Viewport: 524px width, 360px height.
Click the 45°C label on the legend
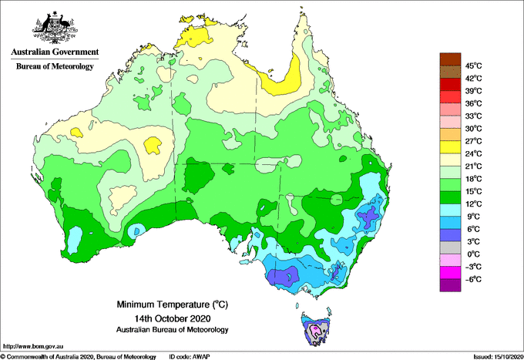point(474,66)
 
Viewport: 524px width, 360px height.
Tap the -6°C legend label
point(474,279)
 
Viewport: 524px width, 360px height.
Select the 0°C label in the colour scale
point(474,254)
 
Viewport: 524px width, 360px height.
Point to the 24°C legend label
point(474,153)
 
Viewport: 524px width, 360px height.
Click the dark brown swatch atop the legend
point(450,59)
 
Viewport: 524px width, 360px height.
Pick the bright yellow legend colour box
point(450,147)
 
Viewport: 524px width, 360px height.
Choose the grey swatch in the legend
point(450,247)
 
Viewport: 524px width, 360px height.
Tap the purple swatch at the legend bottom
point(450,285)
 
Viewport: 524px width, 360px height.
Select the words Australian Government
point(55,52)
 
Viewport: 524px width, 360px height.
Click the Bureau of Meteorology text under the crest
point(55,66)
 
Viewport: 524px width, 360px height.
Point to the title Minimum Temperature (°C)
point(172,304)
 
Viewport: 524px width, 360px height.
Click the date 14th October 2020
point(173,318)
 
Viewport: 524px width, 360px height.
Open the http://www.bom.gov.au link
point(32,347)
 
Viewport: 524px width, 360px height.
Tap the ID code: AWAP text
point(190,357)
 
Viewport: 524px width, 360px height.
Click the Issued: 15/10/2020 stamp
point(499,357)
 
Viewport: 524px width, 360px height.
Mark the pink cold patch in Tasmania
point(315,330)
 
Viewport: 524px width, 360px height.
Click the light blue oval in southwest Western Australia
point(75,240)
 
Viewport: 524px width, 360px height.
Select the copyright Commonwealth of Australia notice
point(78,357)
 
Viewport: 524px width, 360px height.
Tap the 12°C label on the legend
point(474,204)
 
